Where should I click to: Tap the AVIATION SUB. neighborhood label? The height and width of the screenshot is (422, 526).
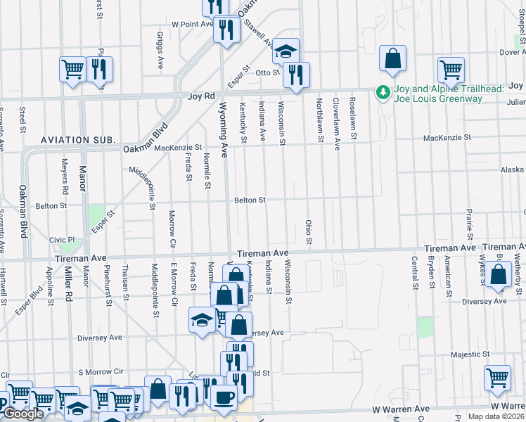tap(78, 141)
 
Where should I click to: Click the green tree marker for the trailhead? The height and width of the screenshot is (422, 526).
tap(383, 93)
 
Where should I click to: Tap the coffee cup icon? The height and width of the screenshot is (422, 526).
tap(224, 397)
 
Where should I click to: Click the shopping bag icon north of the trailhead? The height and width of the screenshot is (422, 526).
tap(393, 60)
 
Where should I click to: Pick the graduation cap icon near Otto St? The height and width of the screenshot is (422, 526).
tap(286, 51)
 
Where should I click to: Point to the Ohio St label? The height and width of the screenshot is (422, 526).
tap(309, 233)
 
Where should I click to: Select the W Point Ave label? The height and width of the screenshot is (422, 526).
tap(191, 23)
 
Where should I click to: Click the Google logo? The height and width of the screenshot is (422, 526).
tap(23, 414)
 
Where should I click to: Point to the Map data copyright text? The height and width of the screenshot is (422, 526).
tap(496, 416)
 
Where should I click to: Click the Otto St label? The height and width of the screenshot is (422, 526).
tap(268, 72)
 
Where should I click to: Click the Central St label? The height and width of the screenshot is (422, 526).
tap(414, 276)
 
